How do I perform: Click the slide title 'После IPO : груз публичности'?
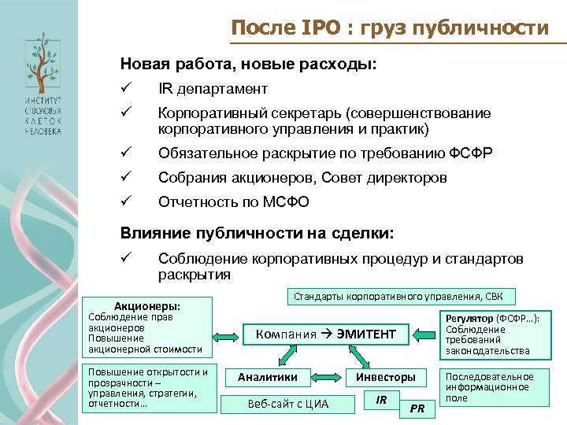pyautogui.click(x=390, y=29)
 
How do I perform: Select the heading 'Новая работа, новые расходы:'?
pyautogui.click(x=248, y=63)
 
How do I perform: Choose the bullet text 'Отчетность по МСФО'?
pyautogui.click(x=234, y=202)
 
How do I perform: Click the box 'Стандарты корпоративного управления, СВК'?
pyautogui.click(x=402, y=297)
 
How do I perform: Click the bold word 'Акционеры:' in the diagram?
pyautogui.click(x=147, y=305)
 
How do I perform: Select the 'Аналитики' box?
pyautogui.click(x=268, y=377)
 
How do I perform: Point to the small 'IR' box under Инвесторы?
pyautogui.click(x=382, y=401)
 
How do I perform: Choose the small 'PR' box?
pyautogui.click(x=418, y=408)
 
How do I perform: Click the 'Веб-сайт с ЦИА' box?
pyautogui.click(x=288, y=404)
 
